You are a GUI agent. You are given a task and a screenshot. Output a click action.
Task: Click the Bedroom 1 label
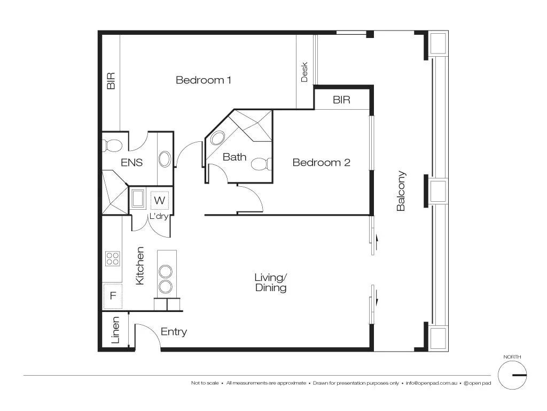pyautogui.click(x=204, y=80)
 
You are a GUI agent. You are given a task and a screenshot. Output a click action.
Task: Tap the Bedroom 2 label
pyautogui.click(x=321, y=162)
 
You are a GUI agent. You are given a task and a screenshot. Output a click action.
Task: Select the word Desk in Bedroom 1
pyautogui.click(x=304, y=72)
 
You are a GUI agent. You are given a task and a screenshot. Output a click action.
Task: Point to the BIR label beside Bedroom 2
pyautogui.click(x=341, y=100)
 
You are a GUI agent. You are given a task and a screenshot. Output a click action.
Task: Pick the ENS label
pyautogui.click(x=131, y=163)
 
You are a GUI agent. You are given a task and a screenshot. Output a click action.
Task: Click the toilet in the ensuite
pyautogui.click(x=113, y=144)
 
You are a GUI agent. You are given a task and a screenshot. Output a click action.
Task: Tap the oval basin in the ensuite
pyautogui.click(x=165, y=159)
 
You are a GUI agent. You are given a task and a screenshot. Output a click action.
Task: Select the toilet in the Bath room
pyautogui.click(x=260, y=164)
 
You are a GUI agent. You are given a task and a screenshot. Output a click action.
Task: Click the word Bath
pyautogui.click(x=235, y=157)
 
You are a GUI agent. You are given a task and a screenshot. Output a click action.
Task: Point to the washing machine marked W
pyautogui.click(x=159, y=200)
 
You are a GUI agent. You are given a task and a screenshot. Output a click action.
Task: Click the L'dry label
pyautogui.click(x=159, y=216)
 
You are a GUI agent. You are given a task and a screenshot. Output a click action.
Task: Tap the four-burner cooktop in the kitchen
pyautogui.click(x=113, y=259)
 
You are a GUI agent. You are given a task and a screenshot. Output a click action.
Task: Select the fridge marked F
pyautogui.click(x=113, y=295)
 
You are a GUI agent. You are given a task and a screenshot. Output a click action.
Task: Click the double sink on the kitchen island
pyautogui.click(x=166, y=278)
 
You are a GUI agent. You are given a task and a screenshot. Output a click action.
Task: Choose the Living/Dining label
pyautogui.click(x=270, y=283)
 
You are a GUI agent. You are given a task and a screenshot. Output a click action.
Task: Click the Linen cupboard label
pyautogui.click(x=115, y=330)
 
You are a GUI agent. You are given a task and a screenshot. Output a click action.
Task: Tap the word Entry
pyautogui.click(x=174, y=332)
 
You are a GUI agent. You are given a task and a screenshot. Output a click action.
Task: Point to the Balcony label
pyautogui.click(x=401, y=191)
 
